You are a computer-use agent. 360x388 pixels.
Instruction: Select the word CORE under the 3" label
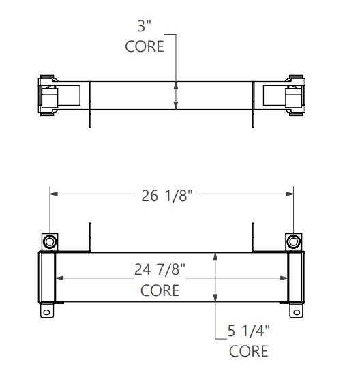point(145,46)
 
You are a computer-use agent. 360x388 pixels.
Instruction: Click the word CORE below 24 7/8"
point(160,290)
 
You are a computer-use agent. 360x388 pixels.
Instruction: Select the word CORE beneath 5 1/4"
point(248,352)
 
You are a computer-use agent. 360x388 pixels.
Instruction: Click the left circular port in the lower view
point(50,241)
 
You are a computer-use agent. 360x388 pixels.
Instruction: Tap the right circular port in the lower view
point(293,241)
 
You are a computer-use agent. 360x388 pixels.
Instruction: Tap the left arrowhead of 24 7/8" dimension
point(59,278)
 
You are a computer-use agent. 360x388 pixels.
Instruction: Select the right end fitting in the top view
point(294,95)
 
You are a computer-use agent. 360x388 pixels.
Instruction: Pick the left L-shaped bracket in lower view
point(89,238)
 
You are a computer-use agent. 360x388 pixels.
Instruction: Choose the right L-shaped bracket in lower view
point(254,238)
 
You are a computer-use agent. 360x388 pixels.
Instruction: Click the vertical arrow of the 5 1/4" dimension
point(215,280)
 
